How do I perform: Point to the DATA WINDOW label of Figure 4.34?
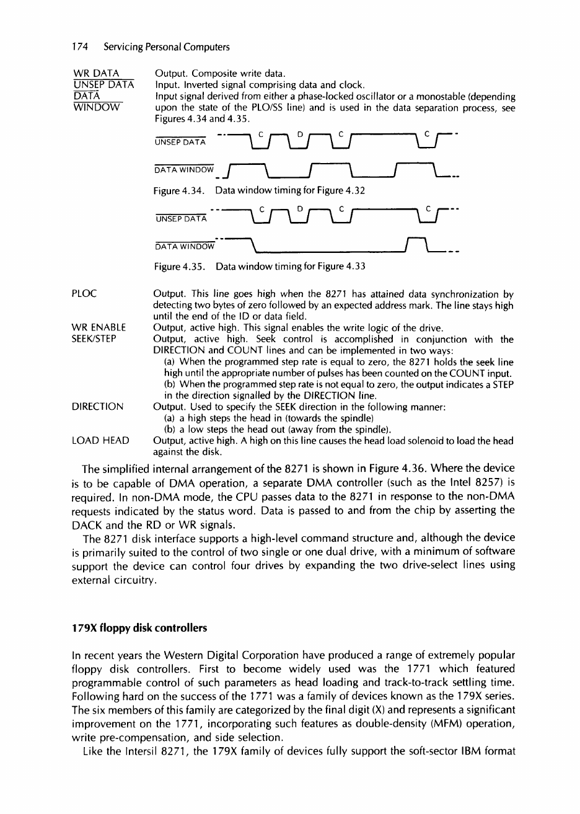183,169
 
